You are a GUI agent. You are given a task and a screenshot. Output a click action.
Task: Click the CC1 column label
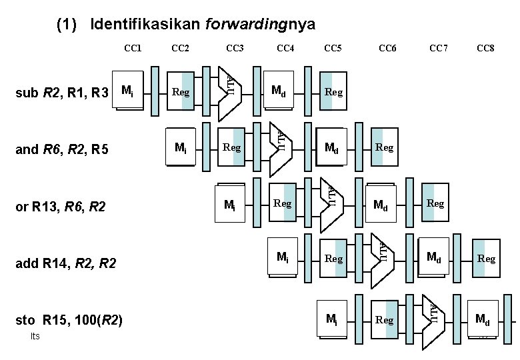click(133, 48)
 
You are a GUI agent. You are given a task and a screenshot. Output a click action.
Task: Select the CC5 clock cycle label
click(333, 48)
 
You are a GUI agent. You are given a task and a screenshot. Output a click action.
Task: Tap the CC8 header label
click(485, 48)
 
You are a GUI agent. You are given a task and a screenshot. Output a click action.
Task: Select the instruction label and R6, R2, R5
click(62, 149)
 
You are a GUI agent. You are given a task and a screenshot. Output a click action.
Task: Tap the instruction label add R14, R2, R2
click(65, 265)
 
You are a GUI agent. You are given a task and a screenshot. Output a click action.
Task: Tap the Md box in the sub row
click(279, 91)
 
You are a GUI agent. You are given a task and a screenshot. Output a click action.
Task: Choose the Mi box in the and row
click(180, 147)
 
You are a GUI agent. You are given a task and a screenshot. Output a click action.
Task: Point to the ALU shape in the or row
click(331, 195)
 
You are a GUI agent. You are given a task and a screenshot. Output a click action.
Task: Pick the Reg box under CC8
click(486, 258)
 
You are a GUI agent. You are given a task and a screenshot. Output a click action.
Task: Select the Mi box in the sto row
click(331, 320)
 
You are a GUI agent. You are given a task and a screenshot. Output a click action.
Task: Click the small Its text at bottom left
click(35, 336)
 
